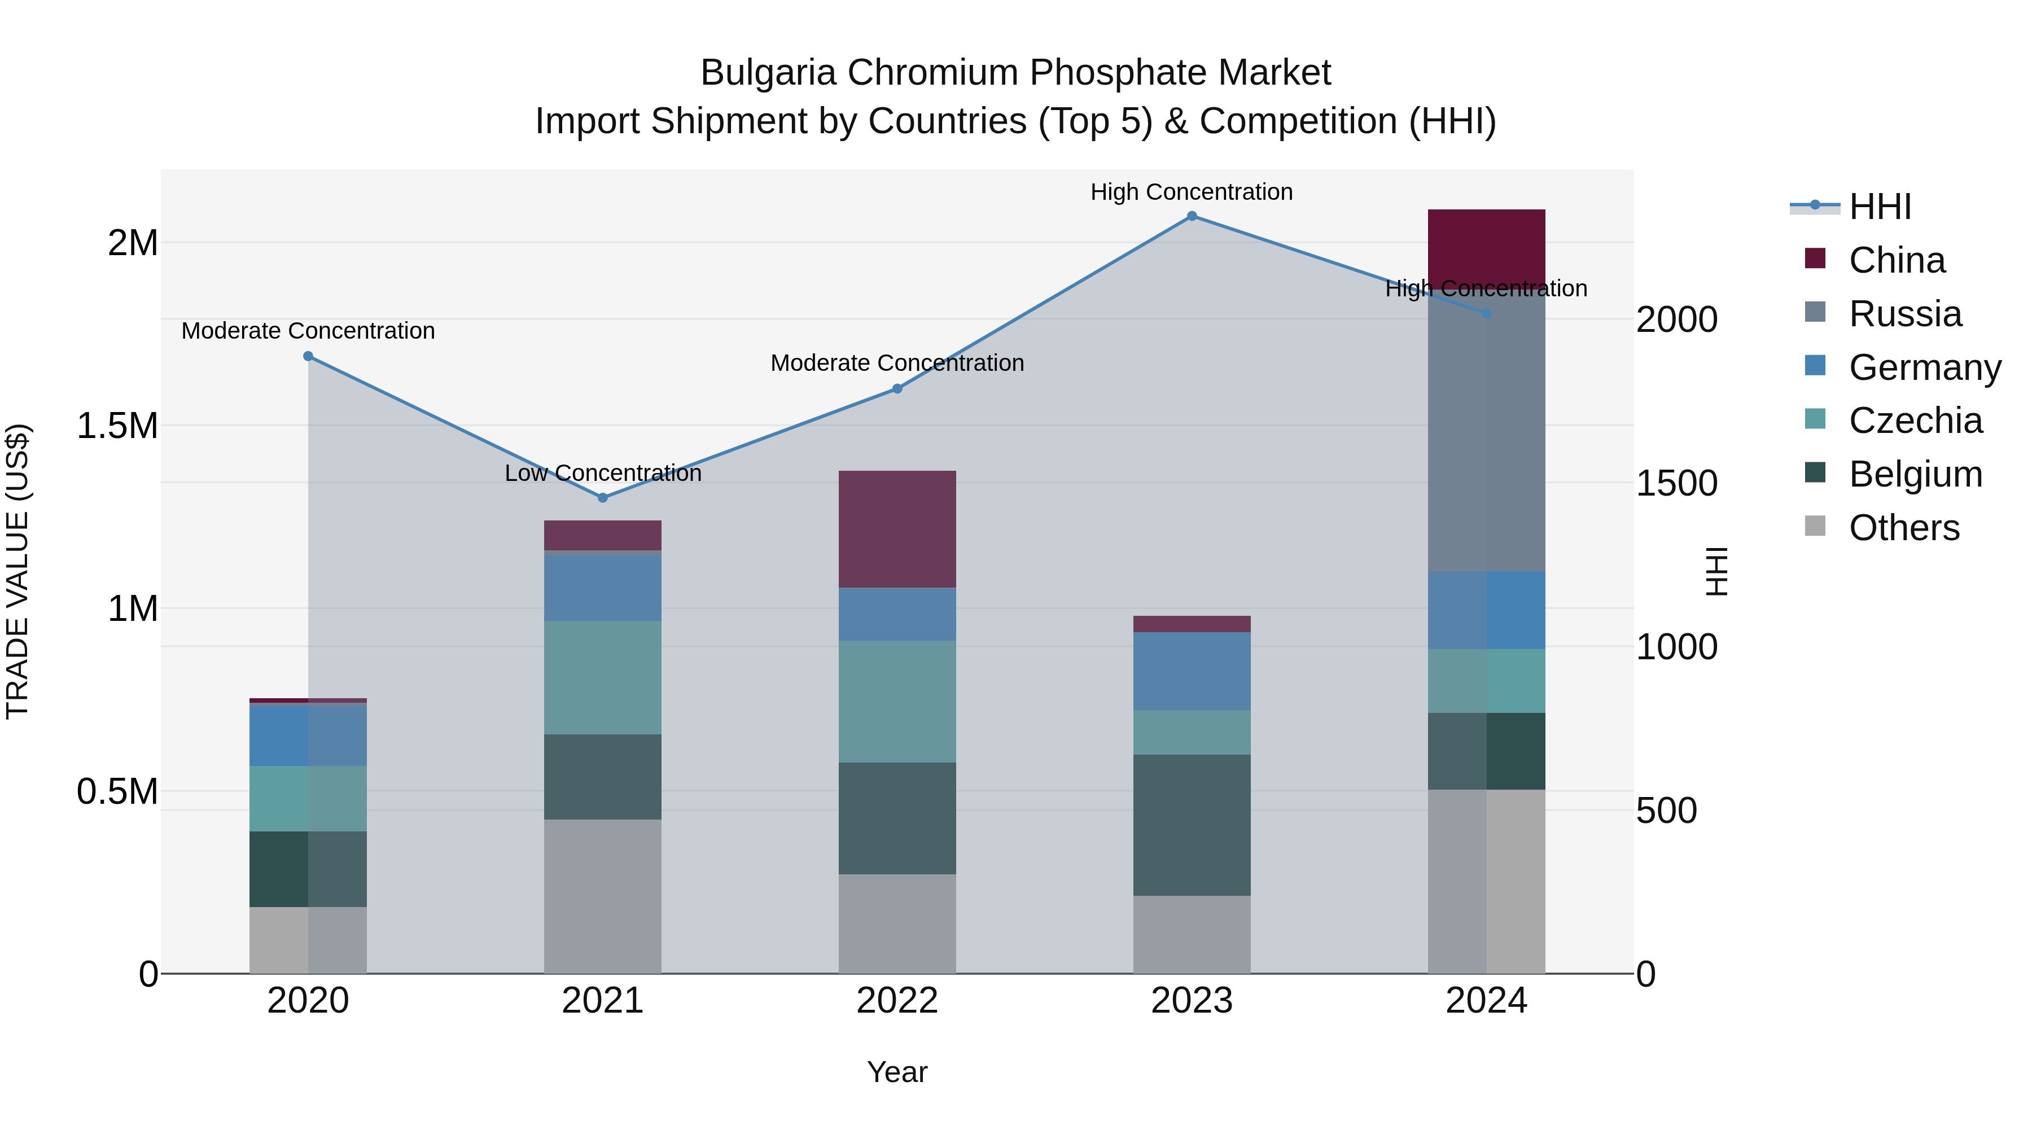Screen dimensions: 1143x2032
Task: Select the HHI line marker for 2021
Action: (x=603, y=498)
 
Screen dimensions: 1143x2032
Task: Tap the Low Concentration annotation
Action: (x=603, y=474)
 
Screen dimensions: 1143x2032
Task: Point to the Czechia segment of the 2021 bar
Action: (x=603, y=677)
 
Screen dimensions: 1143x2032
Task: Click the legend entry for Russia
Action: (x=1904, y=314)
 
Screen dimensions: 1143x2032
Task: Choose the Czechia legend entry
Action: (x=1915, y=421)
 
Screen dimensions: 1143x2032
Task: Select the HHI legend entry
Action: (x=1880, y=207)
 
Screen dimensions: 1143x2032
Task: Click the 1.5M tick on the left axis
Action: (x=117, y=426)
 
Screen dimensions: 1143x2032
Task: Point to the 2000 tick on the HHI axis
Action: (x=1676, y=319)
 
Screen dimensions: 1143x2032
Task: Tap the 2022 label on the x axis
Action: (x=897, y=1001)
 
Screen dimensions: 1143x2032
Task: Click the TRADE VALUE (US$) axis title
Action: (x=17, y=571)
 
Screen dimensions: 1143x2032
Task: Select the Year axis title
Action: (x=897, y=1072)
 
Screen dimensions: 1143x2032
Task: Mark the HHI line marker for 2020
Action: (x=308, y=357)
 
